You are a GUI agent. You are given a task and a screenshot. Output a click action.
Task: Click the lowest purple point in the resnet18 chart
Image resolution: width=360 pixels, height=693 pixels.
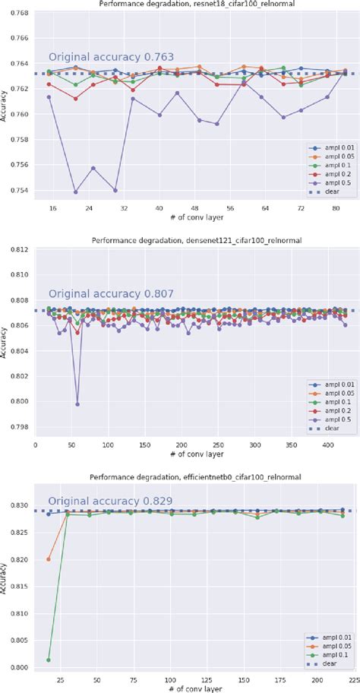tap(76, 191)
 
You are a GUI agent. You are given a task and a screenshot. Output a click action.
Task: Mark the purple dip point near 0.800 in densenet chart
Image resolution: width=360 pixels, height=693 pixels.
tap(77, 403)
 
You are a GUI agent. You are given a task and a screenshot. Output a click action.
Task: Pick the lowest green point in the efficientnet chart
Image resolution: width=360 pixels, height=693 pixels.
tap(49, 660)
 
